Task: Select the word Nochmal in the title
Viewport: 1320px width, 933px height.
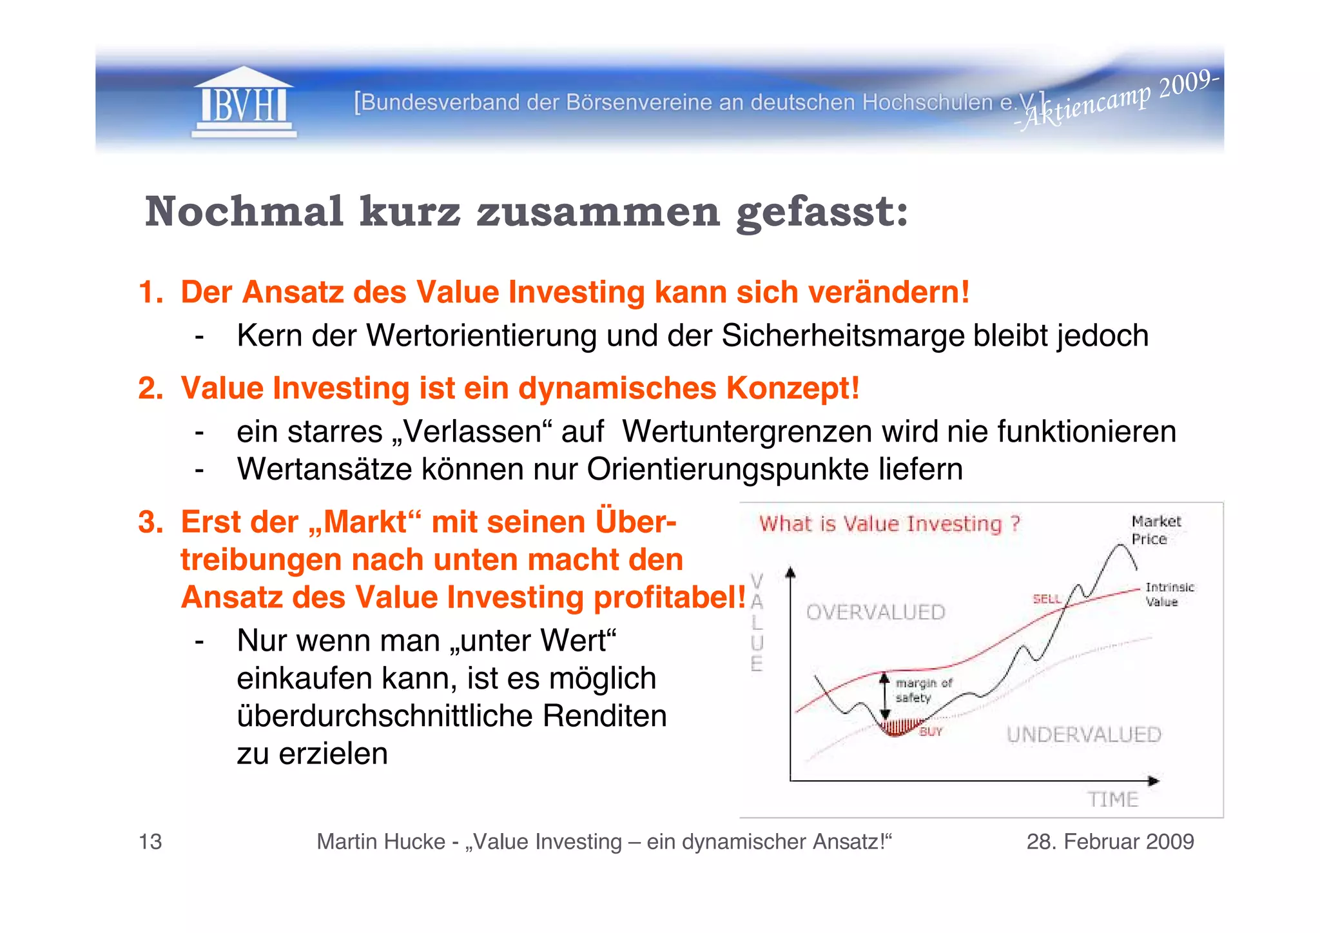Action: click(244, 211)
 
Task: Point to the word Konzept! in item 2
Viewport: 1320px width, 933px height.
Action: click(793, 388)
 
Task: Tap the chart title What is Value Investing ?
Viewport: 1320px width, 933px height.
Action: click(889, 524)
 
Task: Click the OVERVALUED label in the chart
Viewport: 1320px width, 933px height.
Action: click(875, 612)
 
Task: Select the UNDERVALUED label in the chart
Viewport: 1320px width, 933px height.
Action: click(1083, 734)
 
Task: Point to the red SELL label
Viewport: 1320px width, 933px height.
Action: click(1047, 599)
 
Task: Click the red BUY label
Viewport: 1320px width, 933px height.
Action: click(931, 731)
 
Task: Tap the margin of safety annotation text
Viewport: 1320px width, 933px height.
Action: click(922, 690)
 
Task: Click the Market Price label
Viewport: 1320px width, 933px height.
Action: click(1156, 530)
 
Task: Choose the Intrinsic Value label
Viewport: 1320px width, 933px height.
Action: click(1169, 594)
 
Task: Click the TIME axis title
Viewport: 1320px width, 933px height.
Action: click(1113, 800)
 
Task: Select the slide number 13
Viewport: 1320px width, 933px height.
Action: click(150, 841)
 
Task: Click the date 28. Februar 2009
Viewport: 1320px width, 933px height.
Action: click(1110, 841)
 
